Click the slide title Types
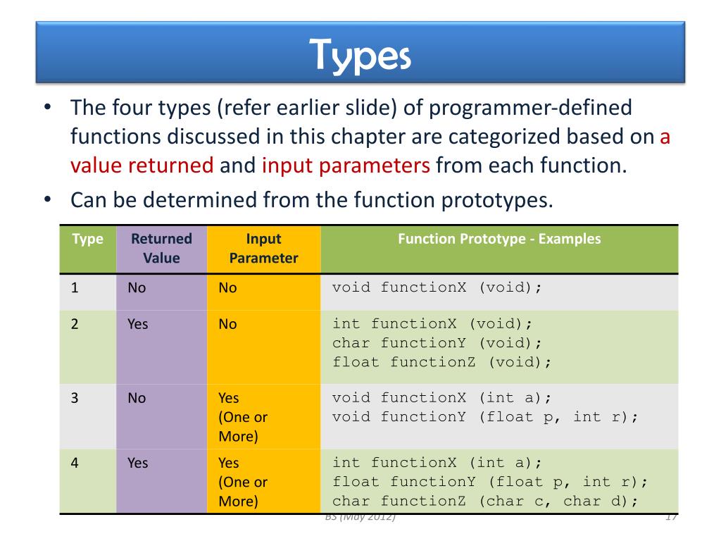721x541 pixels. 360,56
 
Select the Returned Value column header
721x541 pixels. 161,248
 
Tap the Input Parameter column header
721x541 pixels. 263,248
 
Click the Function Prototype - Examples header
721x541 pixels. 499,239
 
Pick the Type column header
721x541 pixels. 87,240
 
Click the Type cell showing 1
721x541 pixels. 75,288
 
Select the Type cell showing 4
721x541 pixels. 75,463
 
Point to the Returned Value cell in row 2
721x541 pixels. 138,324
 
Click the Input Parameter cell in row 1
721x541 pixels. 227,288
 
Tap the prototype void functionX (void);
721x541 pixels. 437,287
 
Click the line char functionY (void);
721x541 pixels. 437,343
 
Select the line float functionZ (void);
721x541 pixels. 441,363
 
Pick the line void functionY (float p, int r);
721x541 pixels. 485,417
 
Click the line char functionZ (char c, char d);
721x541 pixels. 485,502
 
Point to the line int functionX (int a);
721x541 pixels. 437,463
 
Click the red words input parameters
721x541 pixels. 346,165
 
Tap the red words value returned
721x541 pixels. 142,165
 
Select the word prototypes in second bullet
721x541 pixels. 497,201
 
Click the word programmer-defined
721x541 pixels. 531,108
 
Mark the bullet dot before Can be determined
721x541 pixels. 47,199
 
